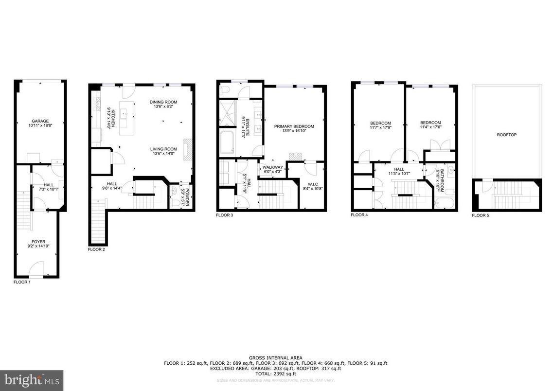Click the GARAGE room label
tap(40, 121)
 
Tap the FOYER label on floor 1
tap(38, 240)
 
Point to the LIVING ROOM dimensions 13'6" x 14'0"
tap(163, 154)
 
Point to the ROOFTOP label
tap(506, 135)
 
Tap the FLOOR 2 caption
tap(96, 249)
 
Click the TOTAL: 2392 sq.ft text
tap(276, 375)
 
